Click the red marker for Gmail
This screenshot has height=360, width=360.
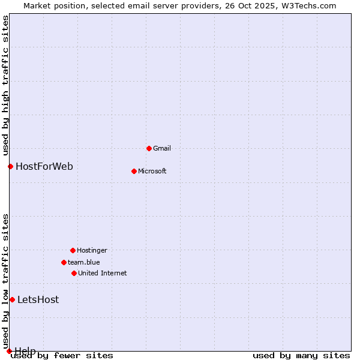point(149,148)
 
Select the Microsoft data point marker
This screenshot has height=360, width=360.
point(134,171)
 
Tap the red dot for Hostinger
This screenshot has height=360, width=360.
point(73,250)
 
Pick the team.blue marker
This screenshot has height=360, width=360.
point(64,262)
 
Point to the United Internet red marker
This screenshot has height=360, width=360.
point(74,273)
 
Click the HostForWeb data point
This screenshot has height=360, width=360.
point(10,166)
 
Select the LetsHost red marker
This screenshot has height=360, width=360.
point(12,299)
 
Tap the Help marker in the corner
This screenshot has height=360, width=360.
point(9,351)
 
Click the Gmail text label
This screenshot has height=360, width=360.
point(162,148)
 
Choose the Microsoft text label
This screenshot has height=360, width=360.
point(152,171)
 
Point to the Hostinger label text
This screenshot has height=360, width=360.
point(92,250)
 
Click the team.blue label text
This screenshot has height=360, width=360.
point(84,262)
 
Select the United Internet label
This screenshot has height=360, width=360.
point(103,273)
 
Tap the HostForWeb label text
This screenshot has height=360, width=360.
point(44,166)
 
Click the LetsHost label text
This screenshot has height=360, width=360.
point(38,299)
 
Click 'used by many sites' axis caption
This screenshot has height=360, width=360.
point(301,355)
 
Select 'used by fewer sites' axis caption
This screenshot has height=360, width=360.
point(62,355)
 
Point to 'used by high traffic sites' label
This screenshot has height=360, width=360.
point(6,85)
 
